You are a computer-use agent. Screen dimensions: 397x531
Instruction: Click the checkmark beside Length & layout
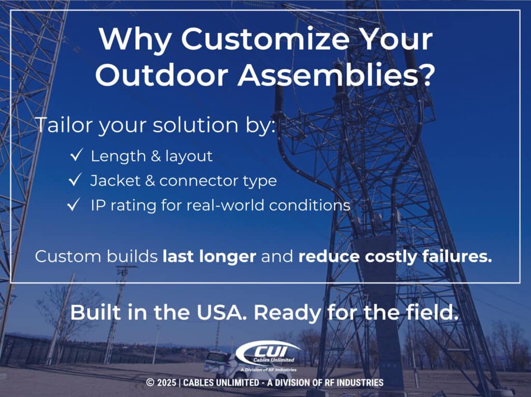tap(76, 156)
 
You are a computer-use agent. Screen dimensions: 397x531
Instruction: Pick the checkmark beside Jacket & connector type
tap(76, 180)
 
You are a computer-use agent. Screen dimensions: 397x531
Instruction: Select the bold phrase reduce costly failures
tap(395, 257)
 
